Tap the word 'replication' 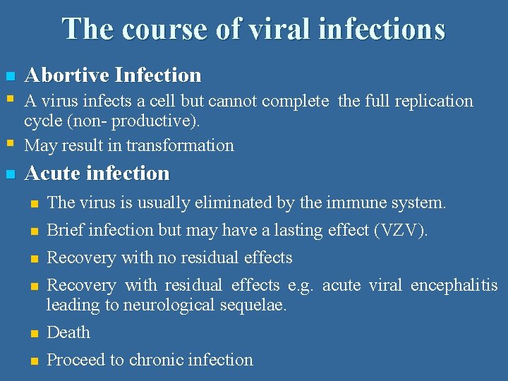tap(435, 101)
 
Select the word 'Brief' tap(65, 230)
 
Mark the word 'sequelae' tap(258, 305)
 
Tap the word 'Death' tap(68, 332)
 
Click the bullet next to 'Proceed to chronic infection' tap(32, 361)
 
